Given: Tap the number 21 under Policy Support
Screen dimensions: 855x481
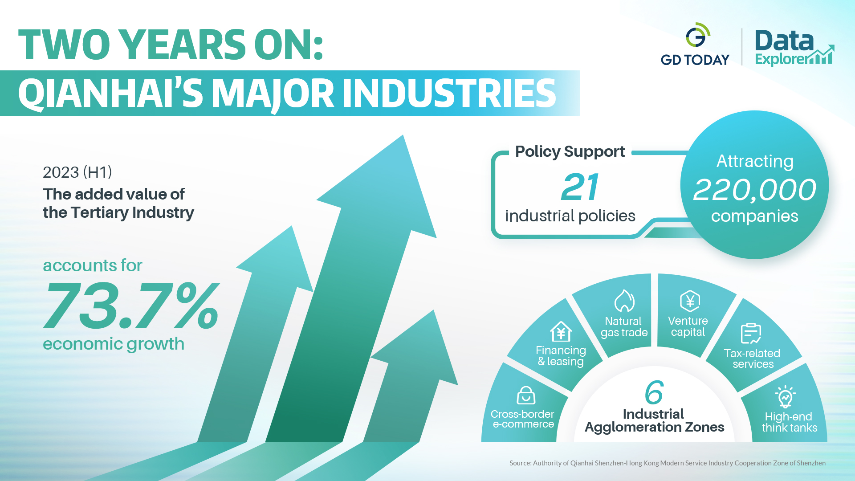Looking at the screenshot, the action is (580, 187).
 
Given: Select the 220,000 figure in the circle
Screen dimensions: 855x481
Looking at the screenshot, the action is (755, 190).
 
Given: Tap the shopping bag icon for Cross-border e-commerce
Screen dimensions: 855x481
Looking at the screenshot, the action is (526, 395).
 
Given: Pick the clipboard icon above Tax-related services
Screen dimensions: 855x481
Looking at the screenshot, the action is (751, 334).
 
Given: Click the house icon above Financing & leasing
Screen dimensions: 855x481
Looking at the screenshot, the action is (561, 332).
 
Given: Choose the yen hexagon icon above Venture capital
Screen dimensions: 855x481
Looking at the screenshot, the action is (690, 302).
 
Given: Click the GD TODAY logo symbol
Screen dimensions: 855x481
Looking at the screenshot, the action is (697, 35).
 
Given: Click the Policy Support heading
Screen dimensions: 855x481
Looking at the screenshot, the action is (570, 151).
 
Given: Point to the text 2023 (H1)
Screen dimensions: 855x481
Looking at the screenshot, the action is (77, 172).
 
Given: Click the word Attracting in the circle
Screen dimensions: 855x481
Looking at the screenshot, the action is (755, 161).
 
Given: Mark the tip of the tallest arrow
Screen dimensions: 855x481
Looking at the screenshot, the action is (403, 135).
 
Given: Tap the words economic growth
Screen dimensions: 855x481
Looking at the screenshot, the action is (114, 344).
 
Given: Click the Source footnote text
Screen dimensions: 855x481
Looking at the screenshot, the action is (668, 463).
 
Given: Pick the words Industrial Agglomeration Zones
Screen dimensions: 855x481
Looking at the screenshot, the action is (654, 420).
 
